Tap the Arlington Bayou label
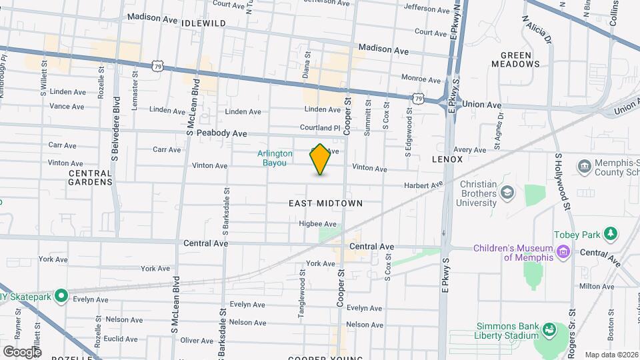275,158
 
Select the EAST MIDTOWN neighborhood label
326,203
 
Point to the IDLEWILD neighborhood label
203,23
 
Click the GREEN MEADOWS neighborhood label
515,59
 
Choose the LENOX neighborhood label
447,160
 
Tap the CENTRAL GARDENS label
90,177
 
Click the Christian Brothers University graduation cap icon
507,193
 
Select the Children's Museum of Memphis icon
564,252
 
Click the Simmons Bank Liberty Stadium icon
549,330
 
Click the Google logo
22,351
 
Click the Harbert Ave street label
423,185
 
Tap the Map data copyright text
611,355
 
